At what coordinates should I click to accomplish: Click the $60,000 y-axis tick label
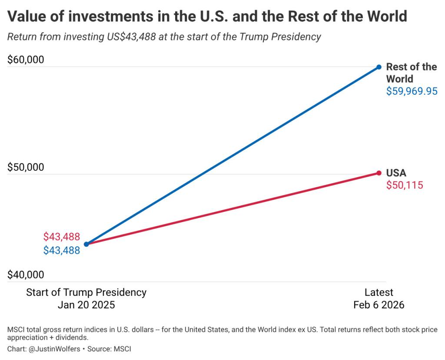[x=26, y=59]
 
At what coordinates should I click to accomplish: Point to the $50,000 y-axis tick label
[x=26, y=167]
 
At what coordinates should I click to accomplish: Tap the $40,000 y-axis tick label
[x=26, y=275]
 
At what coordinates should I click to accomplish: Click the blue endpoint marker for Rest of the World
[x=379, y=67]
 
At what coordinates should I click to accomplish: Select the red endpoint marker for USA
[x=379, y=173]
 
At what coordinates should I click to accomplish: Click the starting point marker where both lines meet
[x=86, y=244]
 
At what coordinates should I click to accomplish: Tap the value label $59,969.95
[x=412, y=91]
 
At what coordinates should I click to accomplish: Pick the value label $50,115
[x=405, y=185]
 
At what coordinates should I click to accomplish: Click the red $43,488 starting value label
[x=62, y=237]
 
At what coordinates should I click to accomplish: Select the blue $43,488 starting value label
[x=62, y=250]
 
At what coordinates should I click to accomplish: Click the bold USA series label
[x=396, y=173]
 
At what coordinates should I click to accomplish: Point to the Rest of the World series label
[x=411, y=73]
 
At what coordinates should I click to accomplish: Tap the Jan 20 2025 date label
[x=86, y=305]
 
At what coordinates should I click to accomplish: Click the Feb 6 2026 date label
[x=379, y=305]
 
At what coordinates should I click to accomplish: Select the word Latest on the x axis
[x=379, y=292]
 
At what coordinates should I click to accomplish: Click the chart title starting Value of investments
[x=207, y=17]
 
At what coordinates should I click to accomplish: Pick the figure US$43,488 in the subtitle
[x=131, y=36]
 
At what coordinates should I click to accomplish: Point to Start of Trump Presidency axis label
[x=86, y=292]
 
